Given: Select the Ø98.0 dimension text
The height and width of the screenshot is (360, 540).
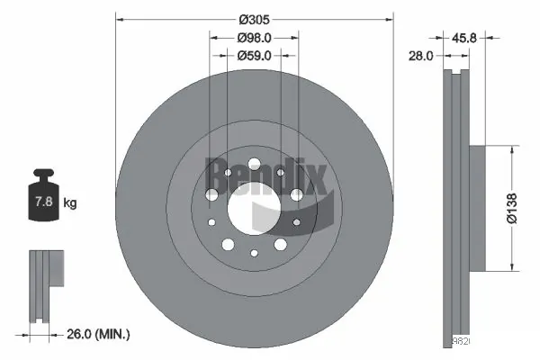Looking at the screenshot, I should (x=255, y=37).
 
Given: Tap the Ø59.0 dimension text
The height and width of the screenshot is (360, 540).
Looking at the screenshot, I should (x=255, y=55).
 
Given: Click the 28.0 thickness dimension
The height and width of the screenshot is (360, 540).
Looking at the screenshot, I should (x=422, y=55).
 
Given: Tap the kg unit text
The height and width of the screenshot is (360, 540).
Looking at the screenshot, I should (x=71, y=203).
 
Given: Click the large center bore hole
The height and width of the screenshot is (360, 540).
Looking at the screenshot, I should (x=255, y=206).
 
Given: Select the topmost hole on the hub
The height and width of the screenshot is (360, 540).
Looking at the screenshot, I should (x=255, y=163).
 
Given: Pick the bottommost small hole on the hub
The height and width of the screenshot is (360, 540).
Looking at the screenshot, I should (x=255, y=251).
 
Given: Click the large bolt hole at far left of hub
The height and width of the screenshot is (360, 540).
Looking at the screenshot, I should (x=211, y=193).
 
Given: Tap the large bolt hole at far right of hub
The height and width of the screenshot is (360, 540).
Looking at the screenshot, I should (x=297, y=193).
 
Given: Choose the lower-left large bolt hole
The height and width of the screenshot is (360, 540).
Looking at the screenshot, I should (x=229, y=244).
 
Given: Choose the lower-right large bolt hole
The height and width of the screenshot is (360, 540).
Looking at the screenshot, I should (x=280, y=244).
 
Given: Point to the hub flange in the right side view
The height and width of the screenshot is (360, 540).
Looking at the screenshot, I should (x=476, y=207).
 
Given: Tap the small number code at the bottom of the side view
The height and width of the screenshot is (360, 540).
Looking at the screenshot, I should (x=461, y=342).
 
